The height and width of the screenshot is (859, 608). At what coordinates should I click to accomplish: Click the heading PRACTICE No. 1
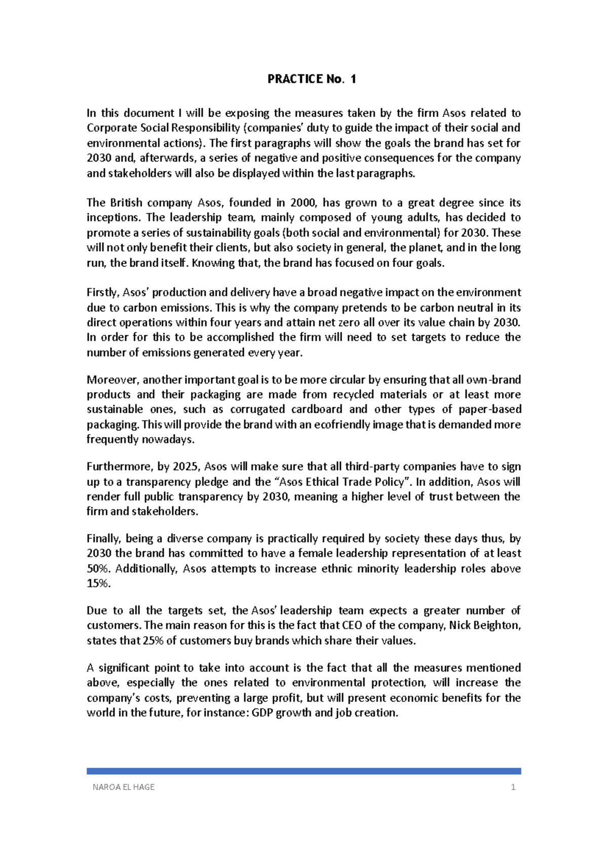tap(312, 79)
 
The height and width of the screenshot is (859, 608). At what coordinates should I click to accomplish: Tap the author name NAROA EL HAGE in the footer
tap(124, 787)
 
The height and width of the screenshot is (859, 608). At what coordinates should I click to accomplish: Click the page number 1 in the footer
tap(513, 787)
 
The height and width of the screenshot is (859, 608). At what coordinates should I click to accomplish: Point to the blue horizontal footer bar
tap(304, 771)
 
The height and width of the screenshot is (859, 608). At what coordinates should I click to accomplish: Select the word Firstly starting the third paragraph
tap(103, 293)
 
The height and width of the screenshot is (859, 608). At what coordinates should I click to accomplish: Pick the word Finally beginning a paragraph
tap(103, 538)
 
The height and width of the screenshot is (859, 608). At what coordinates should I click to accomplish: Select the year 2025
tap(185, 466)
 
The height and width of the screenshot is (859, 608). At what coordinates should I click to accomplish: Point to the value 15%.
tap(98, 583)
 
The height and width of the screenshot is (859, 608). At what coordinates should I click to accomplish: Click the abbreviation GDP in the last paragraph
tap(262, 713)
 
